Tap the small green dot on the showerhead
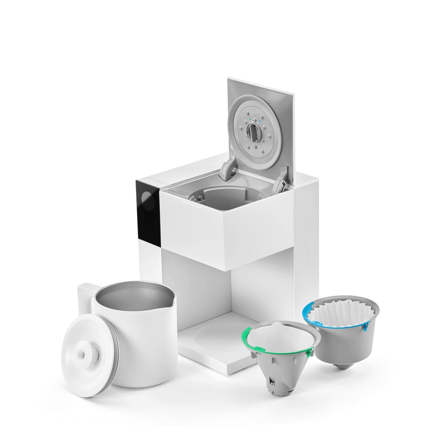[250, 118]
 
